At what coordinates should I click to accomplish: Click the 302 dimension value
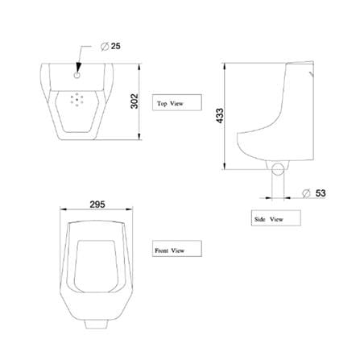coord(134,101)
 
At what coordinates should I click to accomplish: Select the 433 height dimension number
coord(220,116)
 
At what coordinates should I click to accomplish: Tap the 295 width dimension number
coord(97,205)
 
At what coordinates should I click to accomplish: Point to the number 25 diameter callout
coord(116,46)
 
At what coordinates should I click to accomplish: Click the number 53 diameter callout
coord(321,193)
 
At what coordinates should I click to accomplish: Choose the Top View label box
coord(177,102)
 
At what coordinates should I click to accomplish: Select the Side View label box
coord(275,218)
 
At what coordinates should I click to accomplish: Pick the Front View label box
coord(177,249)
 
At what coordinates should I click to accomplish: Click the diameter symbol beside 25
coord(105,47)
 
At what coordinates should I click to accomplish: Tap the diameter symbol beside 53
coord(306,193)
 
